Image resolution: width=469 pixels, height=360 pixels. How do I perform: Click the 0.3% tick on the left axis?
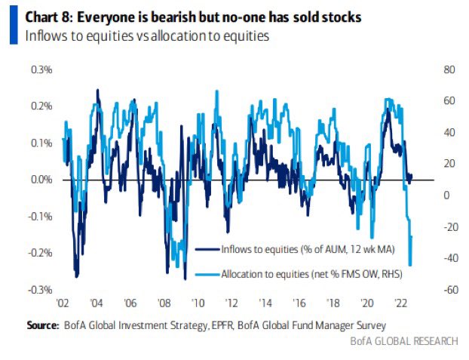[41, 70]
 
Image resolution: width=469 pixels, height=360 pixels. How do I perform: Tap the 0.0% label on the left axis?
[41, 180]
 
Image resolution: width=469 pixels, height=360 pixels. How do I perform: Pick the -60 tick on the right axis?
[449, 290]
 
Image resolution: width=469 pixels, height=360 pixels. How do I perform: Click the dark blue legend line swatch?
[207, 248]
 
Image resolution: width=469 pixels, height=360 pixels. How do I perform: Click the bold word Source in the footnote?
[42, 325]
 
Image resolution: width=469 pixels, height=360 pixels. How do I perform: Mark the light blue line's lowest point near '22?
[410, 265]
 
